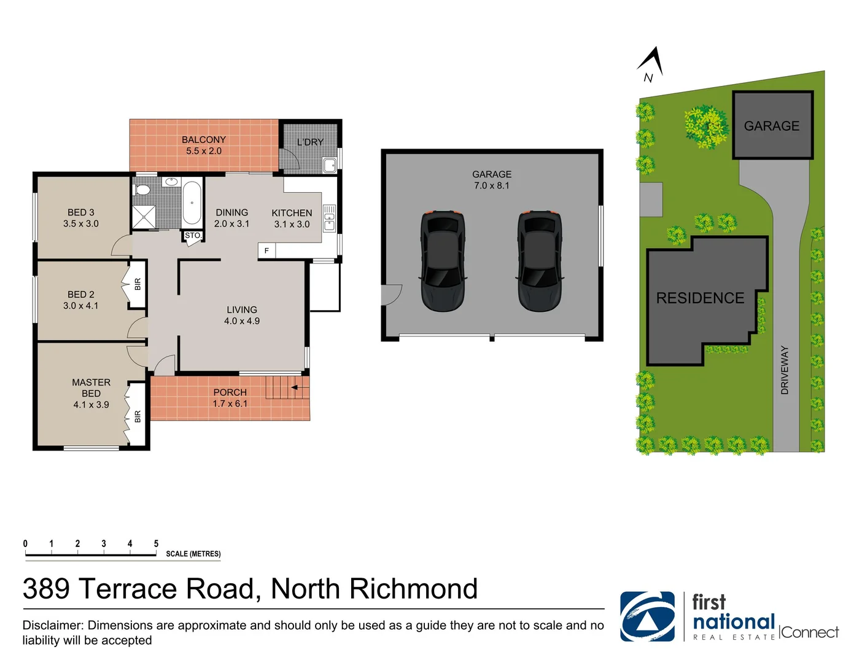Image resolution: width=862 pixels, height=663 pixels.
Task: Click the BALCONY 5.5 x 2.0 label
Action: [x=204, y=145]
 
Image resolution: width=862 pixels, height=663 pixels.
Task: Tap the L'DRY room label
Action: [x=310, y=142]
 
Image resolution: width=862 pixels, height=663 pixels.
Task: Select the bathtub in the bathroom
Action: [x=192, y=203]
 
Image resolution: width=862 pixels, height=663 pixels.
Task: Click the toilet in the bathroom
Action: [x=142, y=189]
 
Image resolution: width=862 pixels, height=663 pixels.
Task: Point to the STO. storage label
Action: [x=192, y=236]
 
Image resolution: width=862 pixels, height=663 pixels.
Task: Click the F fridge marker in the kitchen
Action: [x=266, y=250]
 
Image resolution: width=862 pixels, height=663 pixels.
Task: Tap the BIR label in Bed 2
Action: [x=138, y=284]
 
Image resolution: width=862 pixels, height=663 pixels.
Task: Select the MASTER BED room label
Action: [x=91, y=393]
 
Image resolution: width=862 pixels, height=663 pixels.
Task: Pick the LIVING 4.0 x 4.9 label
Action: [x=242, y=316]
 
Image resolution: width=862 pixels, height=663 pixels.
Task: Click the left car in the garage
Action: [x=442, y=261]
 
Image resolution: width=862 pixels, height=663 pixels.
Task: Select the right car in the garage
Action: [x=540, y=261]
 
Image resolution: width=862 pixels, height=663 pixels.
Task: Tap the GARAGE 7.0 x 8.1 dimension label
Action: [x=492, y=180]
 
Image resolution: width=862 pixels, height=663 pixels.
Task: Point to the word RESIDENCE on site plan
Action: [x=700, y=298]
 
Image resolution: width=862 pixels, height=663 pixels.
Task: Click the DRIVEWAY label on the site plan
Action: [x=785, y=370]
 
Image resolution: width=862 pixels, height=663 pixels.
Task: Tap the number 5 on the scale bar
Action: [x=156, y=544]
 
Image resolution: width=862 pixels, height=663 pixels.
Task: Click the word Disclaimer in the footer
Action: [x=53, y=626]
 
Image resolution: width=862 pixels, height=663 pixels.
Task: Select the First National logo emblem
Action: [x=647, y=616]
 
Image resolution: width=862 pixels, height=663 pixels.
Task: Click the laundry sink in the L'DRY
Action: [x=330, y=165]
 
